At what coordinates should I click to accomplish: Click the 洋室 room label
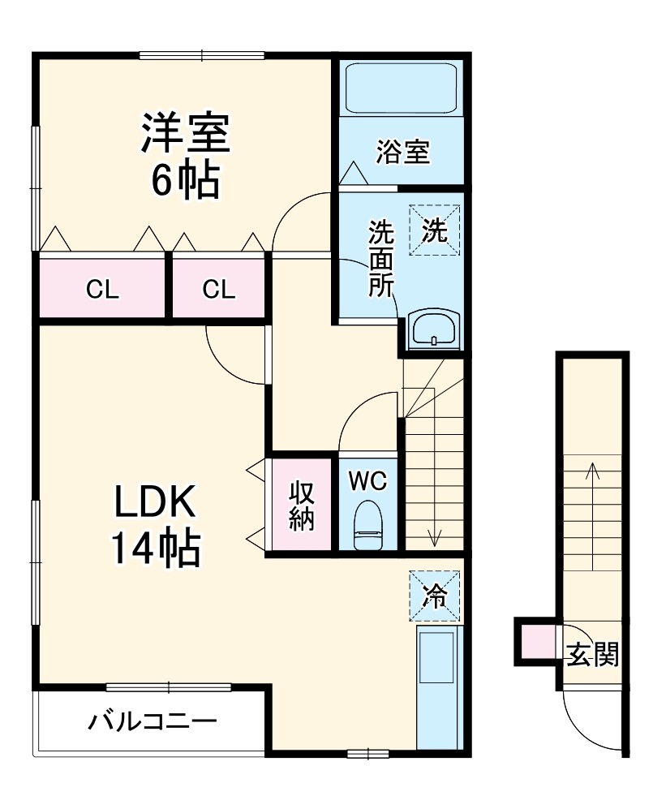(x=186, y=135)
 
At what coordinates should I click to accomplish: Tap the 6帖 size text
(x=186, y=182)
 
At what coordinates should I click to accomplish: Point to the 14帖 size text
(x=153, y=550)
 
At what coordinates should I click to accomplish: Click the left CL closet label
(x=102, y=289)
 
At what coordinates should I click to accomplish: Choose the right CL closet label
(x=218, y=289)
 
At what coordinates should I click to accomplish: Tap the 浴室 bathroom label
(x=402, y=152)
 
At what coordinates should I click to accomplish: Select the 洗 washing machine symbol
(x=434, y=230)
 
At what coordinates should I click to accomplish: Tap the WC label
(x=367, y=480)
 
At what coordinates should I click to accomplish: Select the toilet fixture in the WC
(x=369, y=524)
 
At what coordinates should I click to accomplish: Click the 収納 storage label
(x=301, y=506)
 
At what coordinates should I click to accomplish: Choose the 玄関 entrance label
(x=592, y=653)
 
